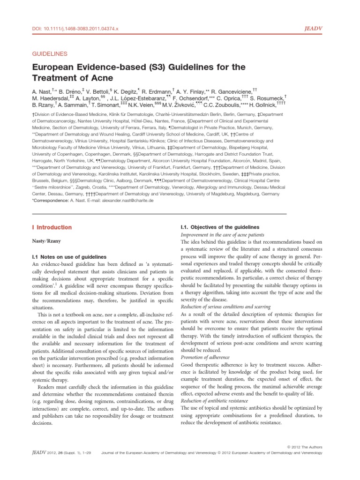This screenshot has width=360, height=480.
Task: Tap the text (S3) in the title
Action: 154,67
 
